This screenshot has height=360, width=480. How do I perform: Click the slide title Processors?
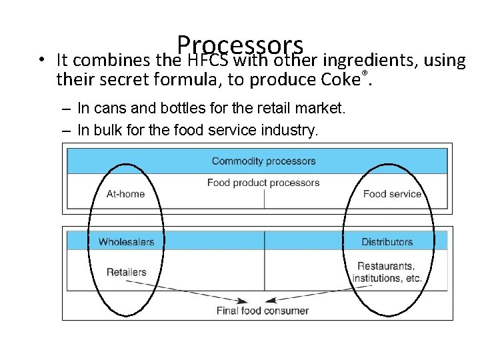(241, 45)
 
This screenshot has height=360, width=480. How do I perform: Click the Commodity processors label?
(263, 161)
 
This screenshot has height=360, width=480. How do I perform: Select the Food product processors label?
(263, 183)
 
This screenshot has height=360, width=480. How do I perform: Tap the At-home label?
(125, 194)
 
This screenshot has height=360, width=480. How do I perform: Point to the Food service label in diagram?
(392, 194)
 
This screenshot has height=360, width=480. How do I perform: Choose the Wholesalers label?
(126, 242)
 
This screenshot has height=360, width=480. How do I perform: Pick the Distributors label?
(387, 242)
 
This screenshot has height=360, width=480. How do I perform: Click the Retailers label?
(126, 272)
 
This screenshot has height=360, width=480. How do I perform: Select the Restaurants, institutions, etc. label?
(387, 272)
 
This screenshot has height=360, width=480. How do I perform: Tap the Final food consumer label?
(263, 311)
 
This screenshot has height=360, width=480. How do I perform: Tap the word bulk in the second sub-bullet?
(105, 130)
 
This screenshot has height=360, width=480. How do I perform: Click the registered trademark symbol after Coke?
(364, 72)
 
